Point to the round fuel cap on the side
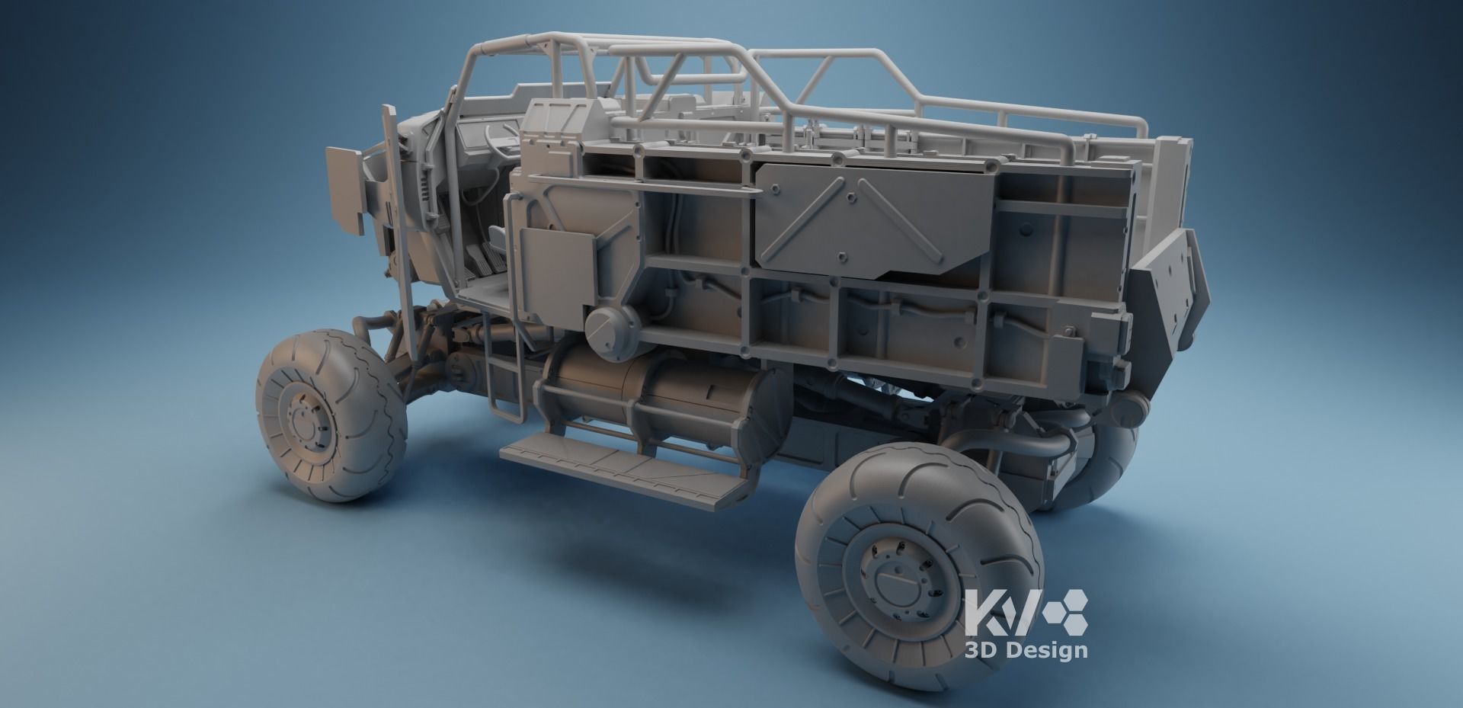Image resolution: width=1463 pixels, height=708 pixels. click(x=610, y=333)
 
